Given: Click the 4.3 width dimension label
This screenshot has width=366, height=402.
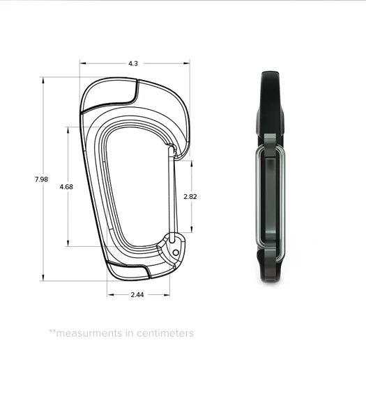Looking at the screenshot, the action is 133,63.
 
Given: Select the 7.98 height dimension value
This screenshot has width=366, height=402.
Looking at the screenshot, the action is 41,179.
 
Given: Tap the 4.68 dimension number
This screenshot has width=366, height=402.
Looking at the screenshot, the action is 66,186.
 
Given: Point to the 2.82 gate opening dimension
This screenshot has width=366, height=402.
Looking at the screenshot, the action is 190,197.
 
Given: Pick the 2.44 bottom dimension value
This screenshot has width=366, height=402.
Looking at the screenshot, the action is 137,295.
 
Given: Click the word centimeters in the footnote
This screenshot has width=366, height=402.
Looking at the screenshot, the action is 165,333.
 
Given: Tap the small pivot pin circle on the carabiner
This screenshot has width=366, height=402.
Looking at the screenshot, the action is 176,252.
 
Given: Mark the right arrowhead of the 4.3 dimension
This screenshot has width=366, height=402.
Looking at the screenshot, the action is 187,63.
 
